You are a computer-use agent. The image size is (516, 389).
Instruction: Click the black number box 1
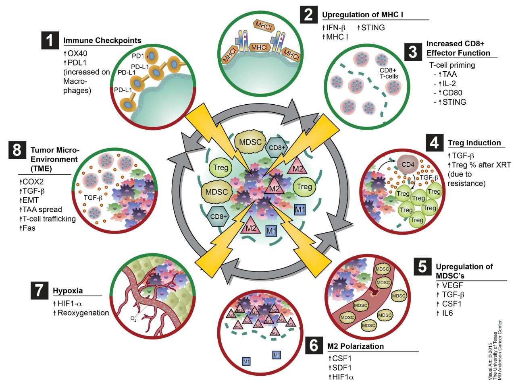click(x=50, y=41)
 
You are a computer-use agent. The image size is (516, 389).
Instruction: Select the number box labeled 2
click(x=309, y=15)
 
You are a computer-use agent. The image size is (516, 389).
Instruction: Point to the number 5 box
click(x=422, y=266)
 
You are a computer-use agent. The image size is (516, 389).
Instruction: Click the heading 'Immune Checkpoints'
click(x=102, y=40)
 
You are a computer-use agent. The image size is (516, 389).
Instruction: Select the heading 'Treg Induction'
click(x=474, y=143)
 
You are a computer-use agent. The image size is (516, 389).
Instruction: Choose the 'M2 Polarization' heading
click(x=356, y=346)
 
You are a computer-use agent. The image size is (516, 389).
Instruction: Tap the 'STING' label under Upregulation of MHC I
click(x=373, y=27)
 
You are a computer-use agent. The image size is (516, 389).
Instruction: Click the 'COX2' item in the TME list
click(x=33, y=182)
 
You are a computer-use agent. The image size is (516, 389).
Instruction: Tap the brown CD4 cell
click(x=408, y=164)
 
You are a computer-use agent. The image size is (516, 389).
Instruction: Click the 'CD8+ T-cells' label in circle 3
click(x=389, y=73)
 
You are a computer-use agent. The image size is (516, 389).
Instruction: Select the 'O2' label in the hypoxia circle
click(x=133, y=319)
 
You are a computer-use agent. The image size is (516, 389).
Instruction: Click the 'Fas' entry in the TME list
click(x=29, y=228)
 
